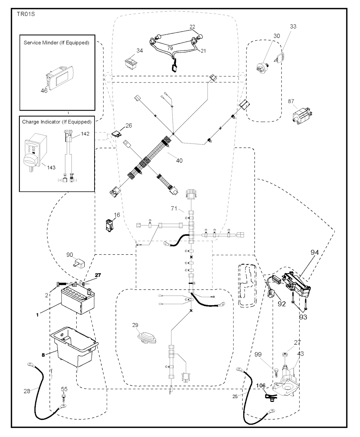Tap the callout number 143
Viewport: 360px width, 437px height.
pos(51,168)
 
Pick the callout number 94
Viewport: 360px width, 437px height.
pos(314,252)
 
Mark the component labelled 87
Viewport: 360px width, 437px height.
pos(301,114)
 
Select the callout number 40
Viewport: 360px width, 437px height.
pos(179,161)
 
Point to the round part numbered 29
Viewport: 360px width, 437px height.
pos(145,338)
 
